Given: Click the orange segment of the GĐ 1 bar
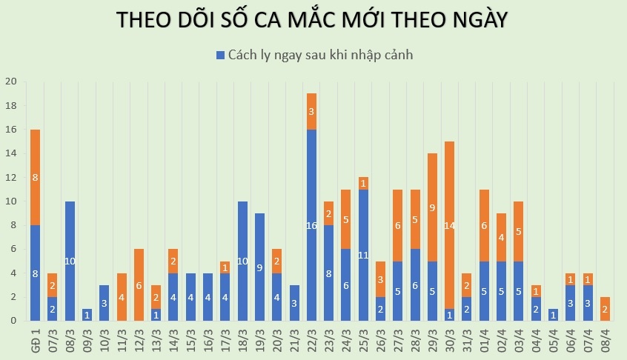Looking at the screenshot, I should point(36,177).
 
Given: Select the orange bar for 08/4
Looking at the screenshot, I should point(605,308).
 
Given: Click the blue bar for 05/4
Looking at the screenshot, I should point(553,314).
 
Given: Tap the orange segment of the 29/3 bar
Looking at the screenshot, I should point(432,207).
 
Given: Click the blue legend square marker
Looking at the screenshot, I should point(220,56).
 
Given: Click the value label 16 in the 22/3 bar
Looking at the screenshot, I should point(312,225).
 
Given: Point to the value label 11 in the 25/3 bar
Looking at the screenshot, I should point(363,255).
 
